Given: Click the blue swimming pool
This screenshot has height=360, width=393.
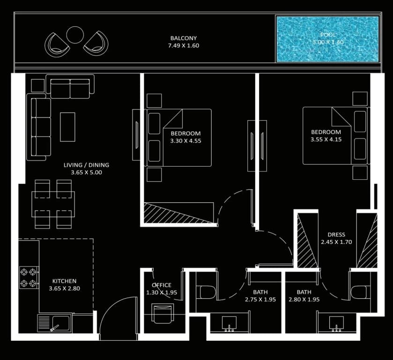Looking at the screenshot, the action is pyautogui.click(x=327, y=39).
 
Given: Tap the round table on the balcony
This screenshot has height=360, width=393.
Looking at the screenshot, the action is pyautogui.click(x=75, y=35).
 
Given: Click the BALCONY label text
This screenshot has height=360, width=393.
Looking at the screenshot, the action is pyautogui.click(x=184, y=38).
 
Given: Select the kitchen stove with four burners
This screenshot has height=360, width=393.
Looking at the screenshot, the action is pyautogui.click(x=29, y=277).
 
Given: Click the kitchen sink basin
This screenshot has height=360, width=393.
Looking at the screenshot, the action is pyautogui.click(x=60, y=323).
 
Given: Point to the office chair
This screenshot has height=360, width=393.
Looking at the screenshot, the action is pyautogui.click(x=163, y=313).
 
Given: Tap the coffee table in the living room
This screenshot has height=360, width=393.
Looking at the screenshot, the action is pyautogui.click(x=67, y=127).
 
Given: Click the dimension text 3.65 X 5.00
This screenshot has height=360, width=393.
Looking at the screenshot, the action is pyautogui.click(x=87, y=172).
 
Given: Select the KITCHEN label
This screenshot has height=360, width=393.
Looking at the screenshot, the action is pyautogui.click(x=65, y=281).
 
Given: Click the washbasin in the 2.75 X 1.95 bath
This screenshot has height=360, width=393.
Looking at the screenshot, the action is pyautogui.click(x=229, y=323).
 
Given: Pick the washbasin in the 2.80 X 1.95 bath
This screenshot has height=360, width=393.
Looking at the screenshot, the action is pyautogui.click(x=336, y=323).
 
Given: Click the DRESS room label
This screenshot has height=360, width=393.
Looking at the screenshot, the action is pyautogui.click(x=336, y=235).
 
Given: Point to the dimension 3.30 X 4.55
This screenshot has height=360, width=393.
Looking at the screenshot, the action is pyautogui.click(x=185, y=141).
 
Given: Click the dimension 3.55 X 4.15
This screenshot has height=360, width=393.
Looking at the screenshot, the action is pyautogui.click(x=326, y=140).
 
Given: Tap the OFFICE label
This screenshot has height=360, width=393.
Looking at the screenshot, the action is pyautogui.click(x=162, y=285).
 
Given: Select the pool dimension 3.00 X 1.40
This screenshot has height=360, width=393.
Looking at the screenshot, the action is pyautogui.click(x=328, y=42).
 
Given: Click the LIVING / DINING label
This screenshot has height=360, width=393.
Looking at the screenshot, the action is pyautogui.click(x=87, y=165).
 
